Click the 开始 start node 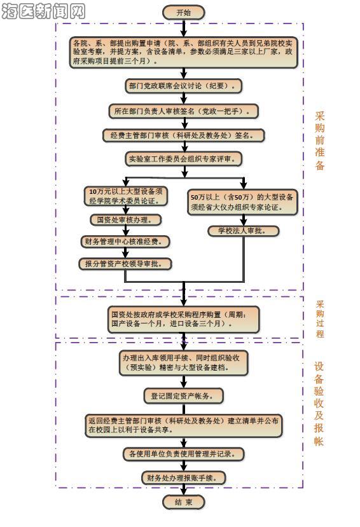[184, 13]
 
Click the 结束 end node [184, 502]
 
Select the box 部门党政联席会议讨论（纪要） [184, 86]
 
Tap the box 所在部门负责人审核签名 [184, 111]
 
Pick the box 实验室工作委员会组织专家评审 [184, 159]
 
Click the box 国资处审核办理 [126, 220]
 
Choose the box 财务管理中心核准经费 [125, 242]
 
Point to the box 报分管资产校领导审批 [125, 264]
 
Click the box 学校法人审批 [244, 231]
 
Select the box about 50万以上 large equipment [243, 202]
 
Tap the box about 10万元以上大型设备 [126, 196]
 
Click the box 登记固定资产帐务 [184, 396]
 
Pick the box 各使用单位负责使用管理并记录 [184, 454]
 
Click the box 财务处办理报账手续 [184, 477]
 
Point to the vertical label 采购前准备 [320, 140]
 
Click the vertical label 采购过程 [320, 318]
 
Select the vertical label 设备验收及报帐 [319, 404]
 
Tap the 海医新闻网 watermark [43, 11]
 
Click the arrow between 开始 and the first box [184, 28]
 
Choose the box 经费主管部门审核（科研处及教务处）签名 [184, 135]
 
